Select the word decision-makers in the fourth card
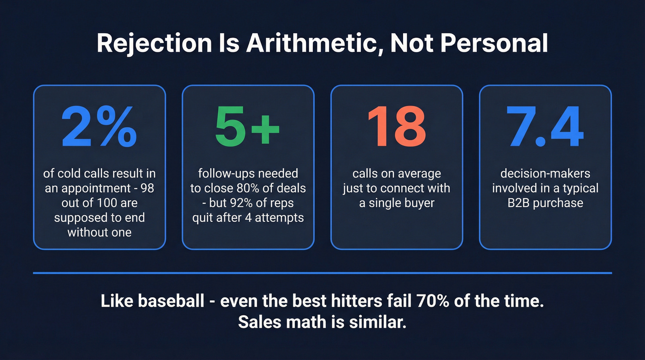click(545, 174)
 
